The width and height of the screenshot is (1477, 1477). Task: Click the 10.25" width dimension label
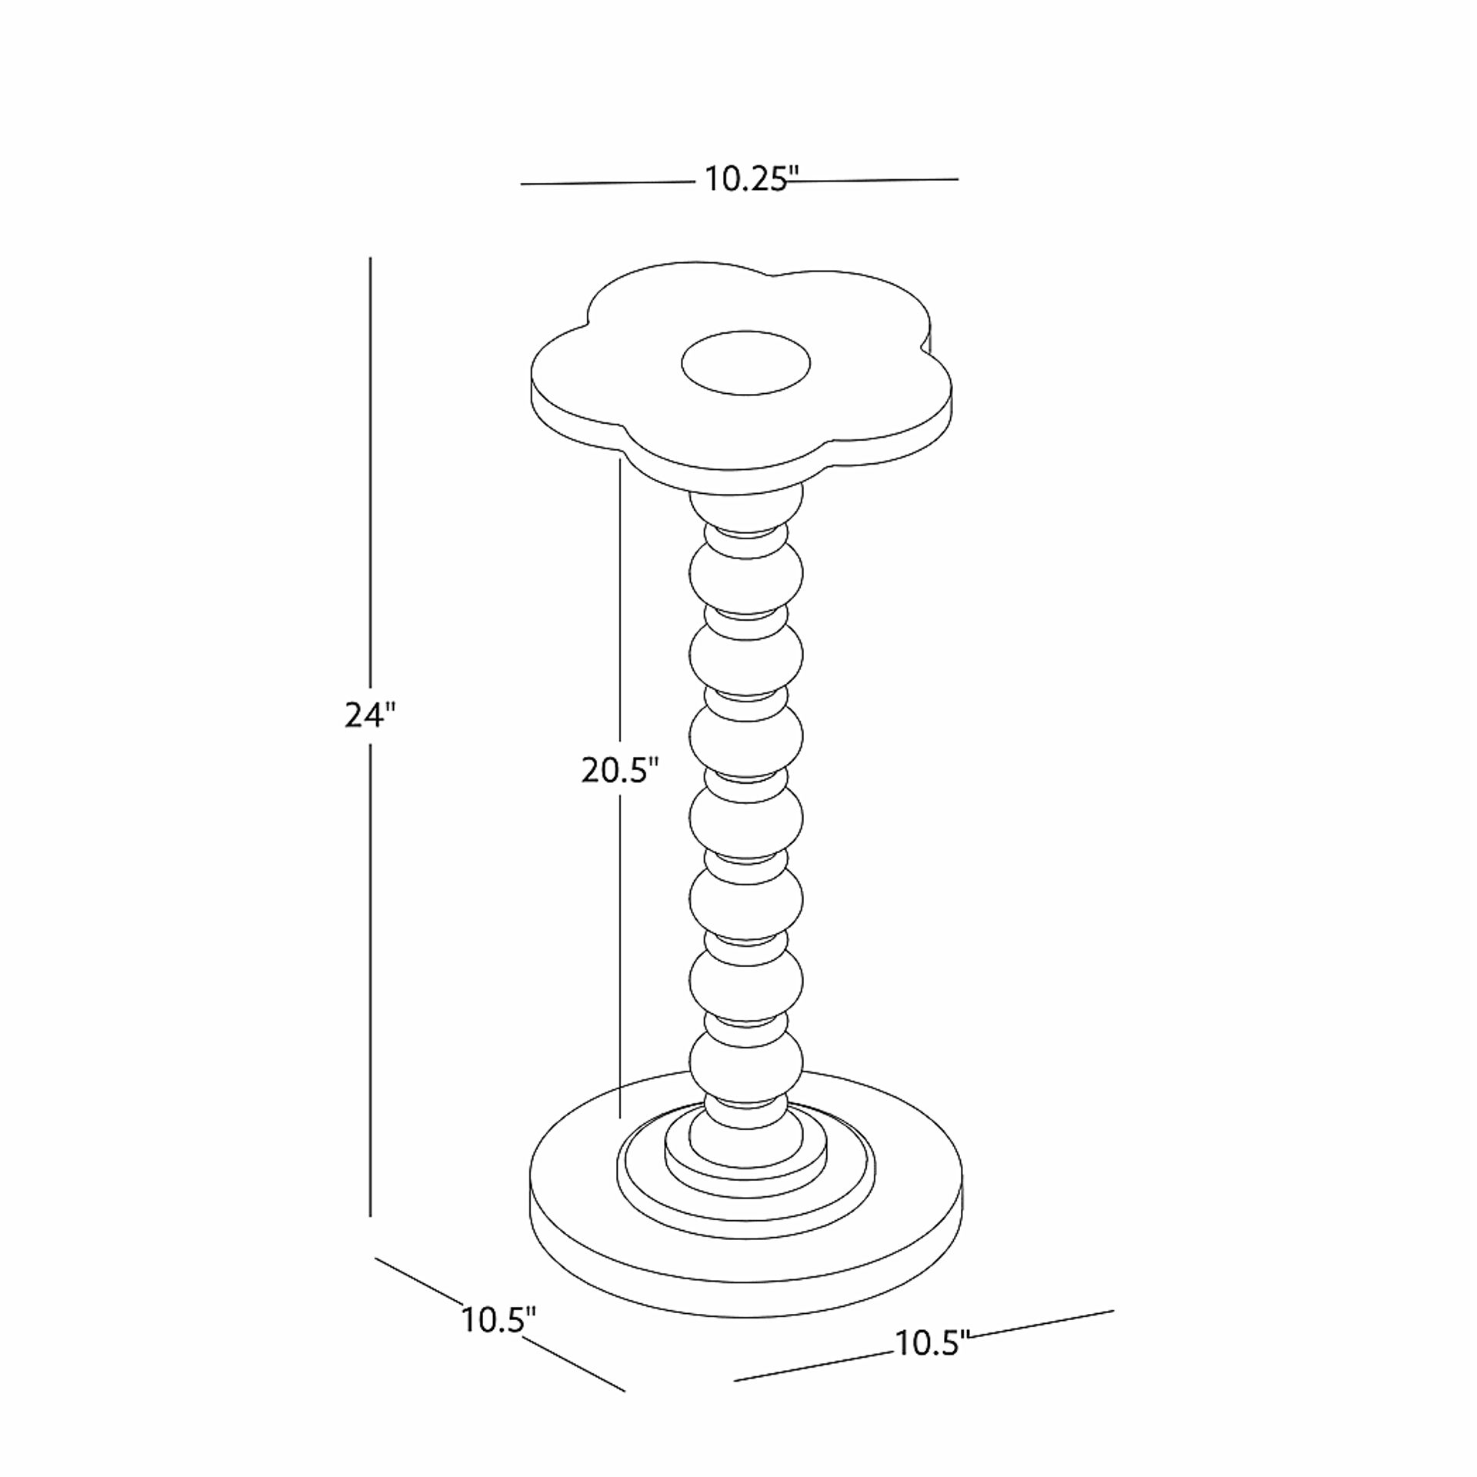tap(747, 180)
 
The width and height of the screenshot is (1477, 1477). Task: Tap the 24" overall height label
tap(369, 715)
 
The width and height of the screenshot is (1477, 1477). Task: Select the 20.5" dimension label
tap(620, 770)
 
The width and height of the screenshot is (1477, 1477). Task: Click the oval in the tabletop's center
tap(745, 363)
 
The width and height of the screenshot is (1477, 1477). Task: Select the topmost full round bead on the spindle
tap(745, 573)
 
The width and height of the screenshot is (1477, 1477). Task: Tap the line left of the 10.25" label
tap(608, 183)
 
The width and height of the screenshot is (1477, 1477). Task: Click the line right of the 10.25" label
tap(877, 180)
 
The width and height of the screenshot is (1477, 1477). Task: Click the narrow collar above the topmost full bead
tap(745, 534)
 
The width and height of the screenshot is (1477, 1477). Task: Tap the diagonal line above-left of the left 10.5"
tap(419, 1281)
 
